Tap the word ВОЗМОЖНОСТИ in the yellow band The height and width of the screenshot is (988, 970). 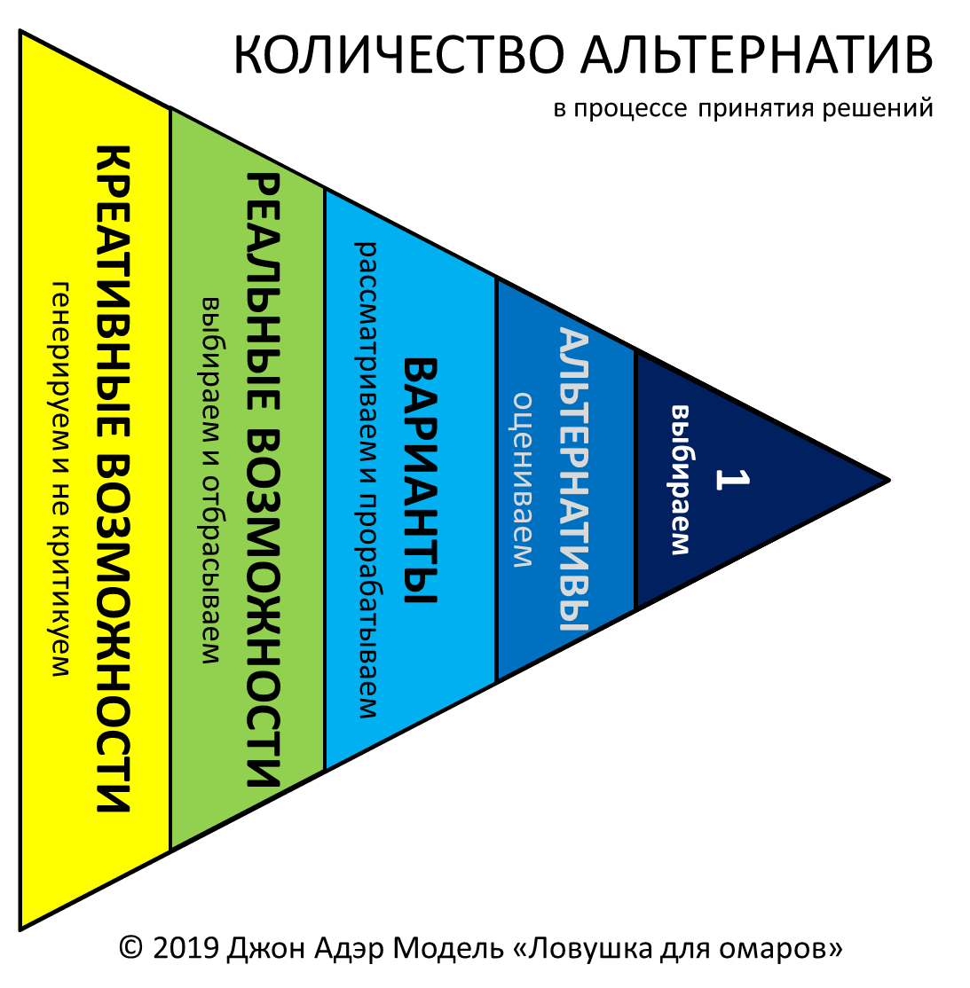[114, 633]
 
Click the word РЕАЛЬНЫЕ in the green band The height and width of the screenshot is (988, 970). [263, 293]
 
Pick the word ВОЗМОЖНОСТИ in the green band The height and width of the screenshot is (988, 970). [263, 608]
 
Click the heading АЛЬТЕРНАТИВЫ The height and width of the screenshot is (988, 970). [573, 480]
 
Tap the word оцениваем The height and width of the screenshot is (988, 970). [523, 480]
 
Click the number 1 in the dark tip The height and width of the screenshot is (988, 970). [731, 479]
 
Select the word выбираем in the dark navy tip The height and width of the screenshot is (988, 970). [680, 480]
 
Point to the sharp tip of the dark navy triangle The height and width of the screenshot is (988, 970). [880, 481]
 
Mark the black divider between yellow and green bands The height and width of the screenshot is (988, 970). [170, 480]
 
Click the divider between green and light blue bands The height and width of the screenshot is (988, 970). [325, 480]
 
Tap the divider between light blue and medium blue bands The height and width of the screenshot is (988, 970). [496, 480]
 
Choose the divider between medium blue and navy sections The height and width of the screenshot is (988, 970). [635, 480]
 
